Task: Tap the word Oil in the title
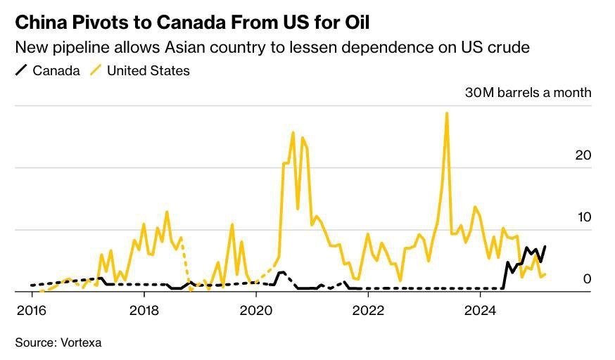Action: (x=354, y=22)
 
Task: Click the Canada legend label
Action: (x=57, y=71)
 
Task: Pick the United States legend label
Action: (x=148, y=71)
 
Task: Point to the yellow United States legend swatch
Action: (x=94, y=71)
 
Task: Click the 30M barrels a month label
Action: (x=528, y=93)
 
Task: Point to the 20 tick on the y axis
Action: (x=583, y=155)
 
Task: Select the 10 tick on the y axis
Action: (x=583, y=217)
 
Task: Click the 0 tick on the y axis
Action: (x=587, y=279)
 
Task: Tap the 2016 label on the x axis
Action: (x=32, y=309)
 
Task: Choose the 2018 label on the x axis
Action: (x=144, y=309)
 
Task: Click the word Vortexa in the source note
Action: (x=79, y=342)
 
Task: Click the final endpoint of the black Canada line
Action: (x=545, y=246)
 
